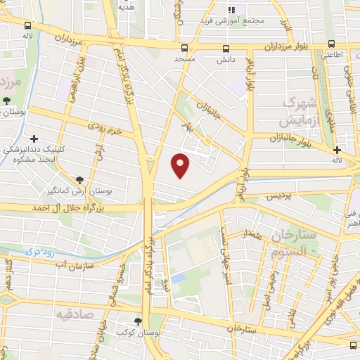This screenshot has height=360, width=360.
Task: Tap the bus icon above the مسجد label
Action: pyautogui.click(x=184, y=49)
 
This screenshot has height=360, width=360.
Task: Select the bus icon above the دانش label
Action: pyautogui.click(x=226, y=49)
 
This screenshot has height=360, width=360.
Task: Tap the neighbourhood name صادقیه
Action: pyautogui.click(x=75, y=314)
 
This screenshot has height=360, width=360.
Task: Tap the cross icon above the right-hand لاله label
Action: pyautogui.click(x=337, y=149)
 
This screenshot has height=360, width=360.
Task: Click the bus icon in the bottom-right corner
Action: pyautogui.click(x=353, y=345)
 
